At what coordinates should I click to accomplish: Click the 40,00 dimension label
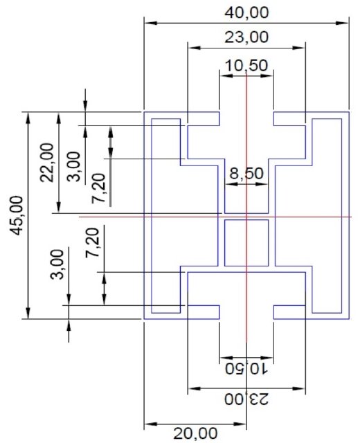pos(246,13)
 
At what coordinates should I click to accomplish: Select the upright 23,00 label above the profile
pos(246,37)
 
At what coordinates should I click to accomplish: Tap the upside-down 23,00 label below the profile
pos(246,399)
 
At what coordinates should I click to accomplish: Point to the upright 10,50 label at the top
pos(246,66)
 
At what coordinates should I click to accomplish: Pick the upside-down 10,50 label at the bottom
pos(246,368)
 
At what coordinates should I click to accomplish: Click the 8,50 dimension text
pos(246,173)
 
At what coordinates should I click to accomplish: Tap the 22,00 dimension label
pos(47,163)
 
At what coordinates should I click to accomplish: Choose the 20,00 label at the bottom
pos(195,433)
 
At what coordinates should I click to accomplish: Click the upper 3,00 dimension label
pos(73,166)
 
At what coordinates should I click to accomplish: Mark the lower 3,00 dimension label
pos(57,264)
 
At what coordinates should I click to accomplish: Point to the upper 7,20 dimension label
pos(98,188)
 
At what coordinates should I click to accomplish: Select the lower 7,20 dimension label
pos(93,242)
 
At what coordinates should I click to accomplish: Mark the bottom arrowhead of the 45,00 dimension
pos(28,313)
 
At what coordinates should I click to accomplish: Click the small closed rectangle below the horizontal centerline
pos(246,243)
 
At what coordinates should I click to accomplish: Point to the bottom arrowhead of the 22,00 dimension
pos(58,207)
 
